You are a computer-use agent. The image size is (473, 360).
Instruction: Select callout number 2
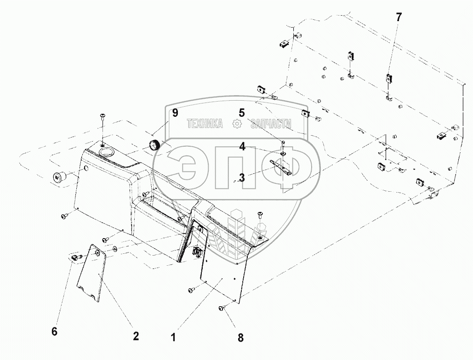click(x=136, y=336)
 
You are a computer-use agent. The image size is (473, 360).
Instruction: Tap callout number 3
click(x=241, y=177)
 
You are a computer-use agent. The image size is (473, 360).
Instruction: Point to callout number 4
click(x=241, y=147)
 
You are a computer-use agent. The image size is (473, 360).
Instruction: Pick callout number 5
click(x=241, y=112)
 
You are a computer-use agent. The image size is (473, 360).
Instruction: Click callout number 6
click(x=54, y=331)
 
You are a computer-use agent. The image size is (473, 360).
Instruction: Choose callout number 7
click(x=399, y=17)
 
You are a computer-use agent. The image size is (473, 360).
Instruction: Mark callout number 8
click(x=240, y=338)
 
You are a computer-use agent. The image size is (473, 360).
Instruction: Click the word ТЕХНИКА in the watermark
click(x=205, y=123)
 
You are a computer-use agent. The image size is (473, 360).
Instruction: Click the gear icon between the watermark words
click(x=237, y=123)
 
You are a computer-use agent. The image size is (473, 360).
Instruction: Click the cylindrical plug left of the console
click(x=59, y=176)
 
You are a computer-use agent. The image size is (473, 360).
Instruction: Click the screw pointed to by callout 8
click(x=222, y=309)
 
